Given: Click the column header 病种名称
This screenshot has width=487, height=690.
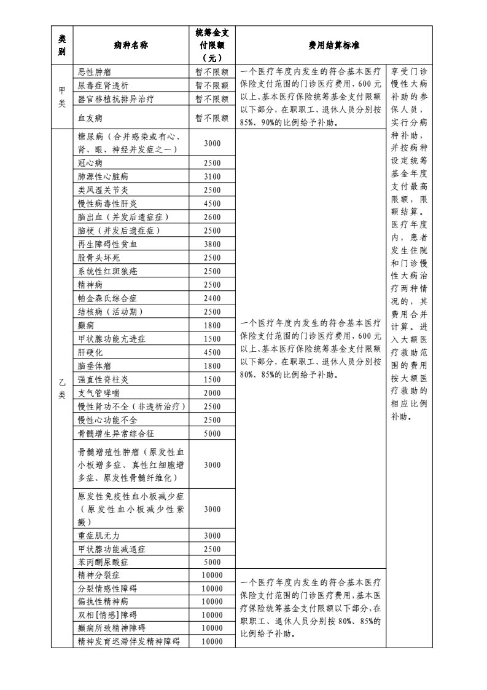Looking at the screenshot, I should point(131,46).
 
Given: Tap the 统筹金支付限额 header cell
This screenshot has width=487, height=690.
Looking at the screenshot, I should point(211,46).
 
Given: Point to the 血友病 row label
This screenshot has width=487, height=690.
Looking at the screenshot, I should point(90,116).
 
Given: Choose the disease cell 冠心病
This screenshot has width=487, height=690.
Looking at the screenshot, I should point(90,163).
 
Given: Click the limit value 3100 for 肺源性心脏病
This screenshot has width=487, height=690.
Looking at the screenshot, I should point(211,176).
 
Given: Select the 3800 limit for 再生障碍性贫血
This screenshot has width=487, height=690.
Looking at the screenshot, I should point(211,244).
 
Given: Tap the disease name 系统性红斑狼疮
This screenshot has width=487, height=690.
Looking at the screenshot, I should point(107,271).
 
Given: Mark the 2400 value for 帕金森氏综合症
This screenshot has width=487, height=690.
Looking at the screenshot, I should point(211,298).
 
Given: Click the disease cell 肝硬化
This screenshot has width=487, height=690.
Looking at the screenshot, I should point(90,352).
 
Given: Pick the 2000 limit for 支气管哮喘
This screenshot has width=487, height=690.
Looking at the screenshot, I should point(211,393).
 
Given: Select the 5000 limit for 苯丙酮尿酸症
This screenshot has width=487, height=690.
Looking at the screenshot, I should point(211,562).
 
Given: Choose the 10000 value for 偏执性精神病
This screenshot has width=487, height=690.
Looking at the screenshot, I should point(211,601).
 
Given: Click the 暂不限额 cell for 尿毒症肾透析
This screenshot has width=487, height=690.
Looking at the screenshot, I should point(211,85).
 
